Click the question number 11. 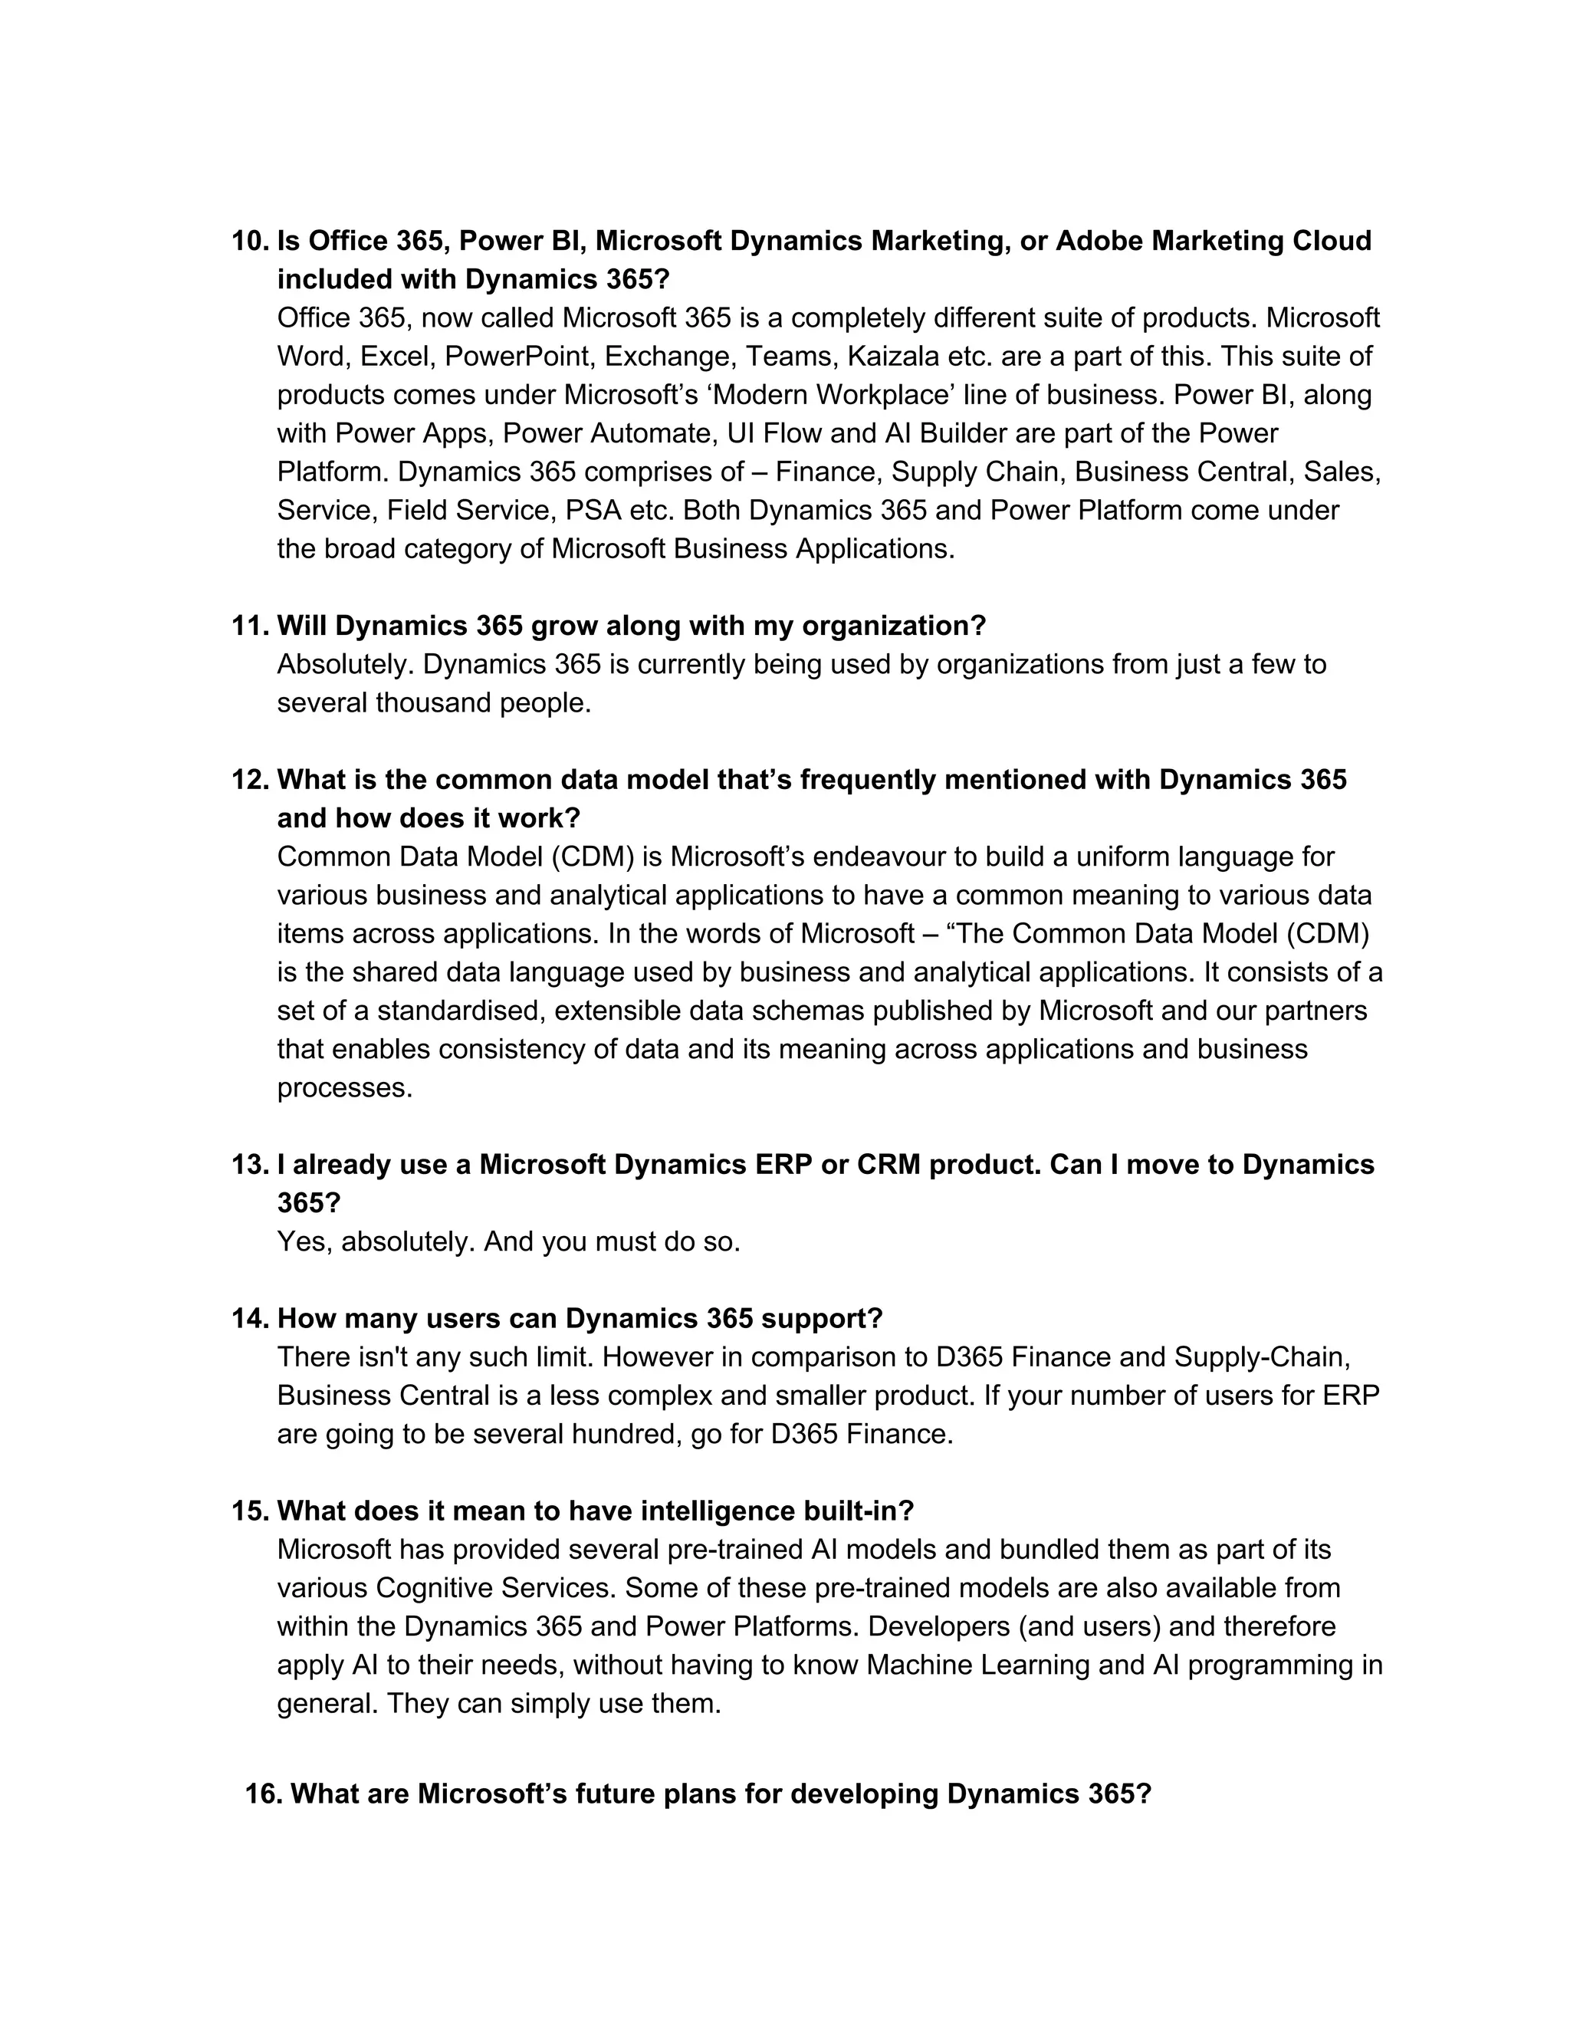coord(248,626)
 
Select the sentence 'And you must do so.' coord(612,1242)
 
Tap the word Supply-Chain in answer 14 coord(1261,1357)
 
